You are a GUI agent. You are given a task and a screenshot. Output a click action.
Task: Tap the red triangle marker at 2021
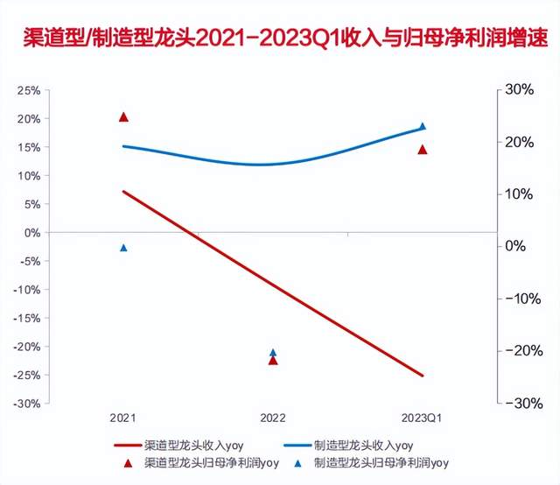123,117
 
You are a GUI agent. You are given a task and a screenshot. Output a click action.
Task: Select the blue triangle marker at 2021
123,248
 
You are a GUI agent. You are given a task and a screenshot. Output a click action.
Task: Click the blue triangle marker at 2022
273,352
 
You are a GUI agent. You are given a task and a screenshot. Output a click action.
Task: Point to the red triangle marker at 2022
273,360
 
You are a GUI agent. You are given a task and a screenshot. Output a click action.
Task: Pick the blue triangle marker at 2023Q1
423,126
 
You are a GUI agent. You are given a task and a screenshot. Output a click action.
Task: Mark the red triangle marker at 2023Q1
423,150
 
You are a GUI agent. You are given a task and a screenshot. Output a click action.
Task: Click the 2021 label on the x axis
123,418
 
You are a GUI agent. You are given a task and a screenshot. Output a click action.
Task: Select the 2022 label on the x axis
273,418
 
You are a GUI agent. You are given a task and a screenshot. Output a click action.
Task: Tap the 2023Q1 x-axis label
423,418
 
